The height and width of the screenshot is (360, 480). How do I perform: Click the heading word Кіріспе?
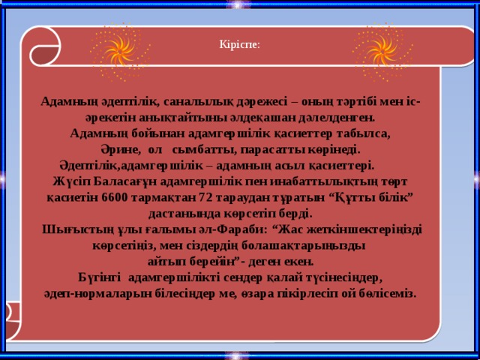240,45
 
